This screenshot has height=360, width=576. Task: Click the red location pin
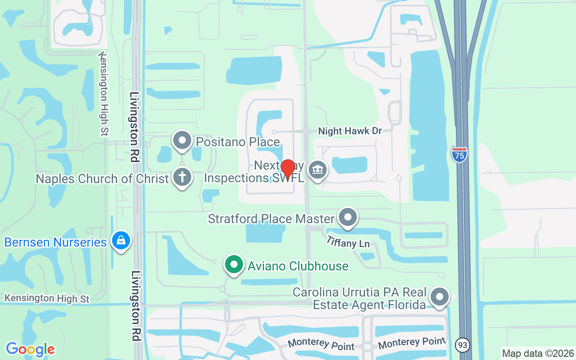[x=288, y=169]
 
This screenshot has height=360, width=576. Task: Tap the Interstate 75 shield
[x=459, y=154]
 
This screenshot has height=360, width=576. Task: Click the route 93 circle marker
[x=462, y=345]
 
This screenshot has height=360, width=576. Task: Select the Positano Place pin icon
[x=182, y=140]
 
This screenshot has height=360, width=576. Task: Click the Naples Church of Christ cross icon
[x=182, y=177]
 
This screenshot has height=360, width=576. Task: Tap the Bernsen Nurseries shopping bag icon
[x=121, y=240]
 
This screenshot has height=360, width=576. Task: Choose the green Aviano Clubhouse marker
[x=234, y=264]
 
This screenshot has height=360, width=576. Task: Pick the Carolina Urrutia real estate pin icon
[x=439, y=297]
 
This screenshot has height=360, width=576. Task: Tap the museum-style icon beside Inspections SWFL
[x=318, y=170]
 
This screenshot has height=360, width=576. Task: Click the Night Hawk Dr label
[x=350, y=131]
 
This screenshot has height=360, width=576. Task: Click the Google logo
[x=30, y=349]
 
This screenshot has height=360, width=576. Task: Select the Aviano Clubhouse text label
[x=298, y=266]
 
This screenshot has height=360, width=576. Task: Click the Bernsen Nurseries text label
[x=55, y=242]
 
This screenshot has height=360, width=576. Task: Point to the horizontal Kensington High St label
[x=47, y=298]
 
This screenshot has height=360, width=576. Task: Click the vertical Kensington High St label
[x=103, y=94]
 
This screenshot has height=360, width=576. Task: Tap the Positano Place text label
[x=238, y=142]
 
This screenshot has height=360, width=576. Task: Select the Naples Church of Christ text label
[x=102, y=179]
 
